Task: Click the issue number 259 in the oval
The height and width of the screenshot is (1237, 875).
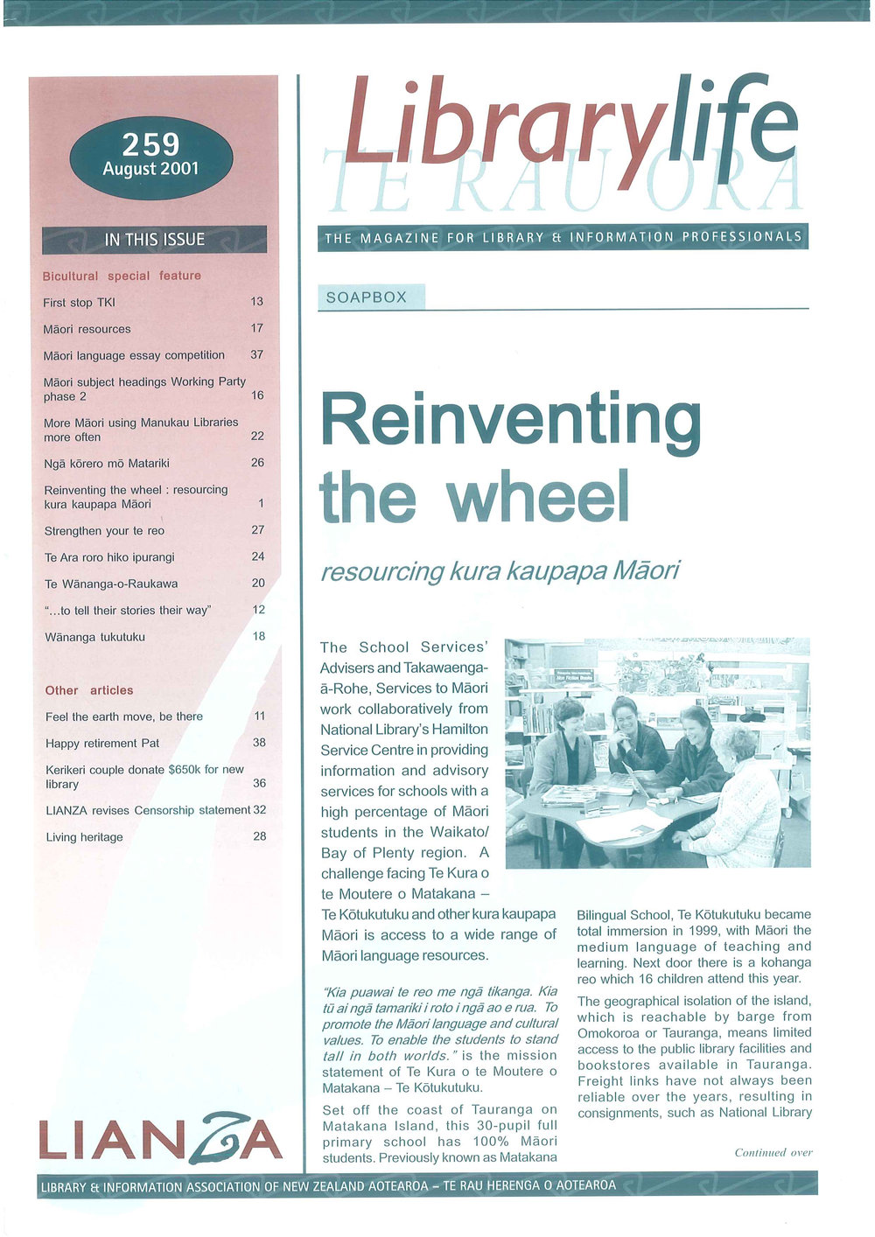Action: coord(150,144)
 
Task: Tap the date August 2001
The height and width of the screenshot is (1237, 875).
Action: coord(150,169)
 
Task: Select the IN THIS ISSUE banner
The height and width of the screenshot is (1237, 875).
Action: coord(154,239)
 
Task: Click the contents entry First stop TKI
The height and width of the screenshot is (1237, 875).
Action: coord(79,303)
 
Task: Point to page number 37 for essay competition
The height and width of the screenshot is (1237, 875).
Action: coord(257,354)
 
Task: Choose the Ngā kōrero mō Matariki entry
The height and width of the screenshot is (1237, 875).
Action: coord(107,463)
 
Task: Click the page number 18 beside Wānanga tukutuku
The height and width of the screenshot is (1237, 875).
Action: coord(259,636)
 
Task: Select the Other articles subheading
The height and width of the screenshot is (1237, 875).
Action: coord(89,690)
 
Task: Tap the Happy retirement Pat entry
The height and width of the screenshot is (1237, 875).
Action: coord(102,743)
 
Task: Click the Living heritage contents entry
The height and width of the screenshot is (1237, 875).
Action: coord(84,837)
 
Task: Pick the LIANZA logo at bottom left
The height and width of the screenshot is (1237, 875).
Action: coord(160,1140)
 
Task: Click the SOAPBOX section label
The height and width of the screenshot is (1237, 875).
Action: coord(367,297)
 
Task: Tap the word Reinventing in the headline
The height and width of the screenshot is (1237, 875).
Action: coord(511,420)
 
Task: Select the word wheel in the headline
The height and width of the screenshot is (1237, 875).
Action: coord(538,497)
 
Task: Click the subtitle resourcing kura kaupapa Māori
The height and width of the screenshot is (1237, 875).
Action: coord(500,571)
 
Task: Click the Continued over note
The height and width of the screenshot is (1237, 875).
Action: coord(773,1152)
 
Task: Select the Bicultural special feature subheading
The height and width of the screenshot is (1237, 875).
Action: coord(122,276)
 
